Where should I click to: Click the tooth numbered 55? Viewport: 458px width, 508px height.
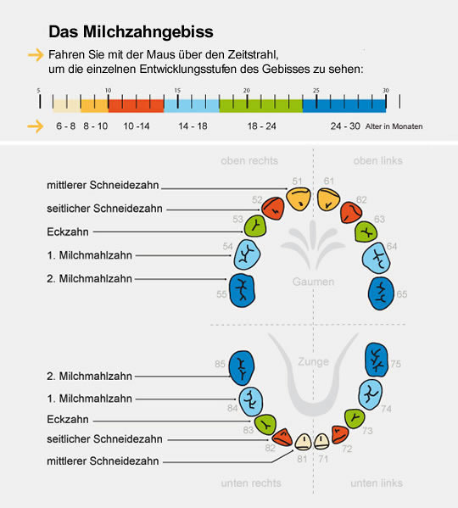(243, 289)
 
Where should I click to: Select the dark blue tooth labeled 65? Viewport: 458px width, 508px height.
(380, 292)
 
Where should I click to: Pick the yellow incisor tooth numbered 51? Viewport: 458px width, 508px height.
(299, 198)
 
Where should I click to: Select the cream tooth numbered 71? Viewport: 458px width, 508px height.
(322, 439)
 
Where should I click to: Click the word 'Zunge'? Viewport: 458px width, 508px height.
(314, 362)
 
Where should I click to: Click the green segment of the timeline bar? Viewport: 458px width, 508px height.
(260, 103)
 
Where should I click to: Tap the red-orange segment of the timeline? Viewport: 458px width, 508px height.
(136, 103)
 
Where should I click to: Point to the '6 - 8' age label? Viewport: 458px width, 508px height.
(65, 126)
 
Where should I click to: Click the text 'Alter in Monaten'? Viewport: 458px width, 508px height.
(395, 126)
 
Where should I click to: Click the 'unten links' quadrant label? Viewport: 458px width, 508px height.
(377, 483)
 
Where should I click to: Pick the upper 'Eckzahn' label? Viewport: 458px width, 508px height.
(66, 232)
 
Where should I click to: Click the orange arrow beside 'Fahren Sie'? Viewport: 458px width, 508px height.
(35, 55)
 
